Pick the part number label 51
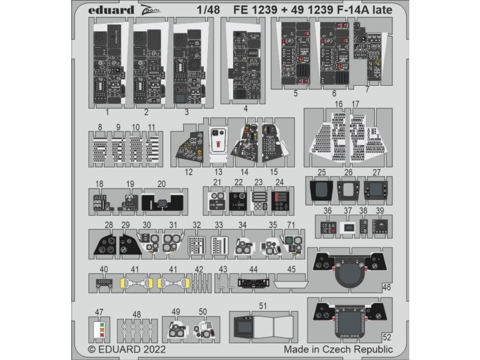point(263,306)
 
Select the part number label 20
point(162,184)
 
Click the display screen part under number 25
point(321,190)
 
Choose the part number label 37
point(347,211)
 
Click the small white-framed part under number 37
point(348,227)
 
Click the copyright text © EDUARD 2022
point(127,349)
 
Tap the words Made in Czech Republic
point(338,349)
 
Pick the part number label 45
point(292,269)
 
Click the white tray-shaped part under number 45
point(291,284)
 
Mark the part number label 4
point(246,108)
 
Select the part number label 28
point(109,225)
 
